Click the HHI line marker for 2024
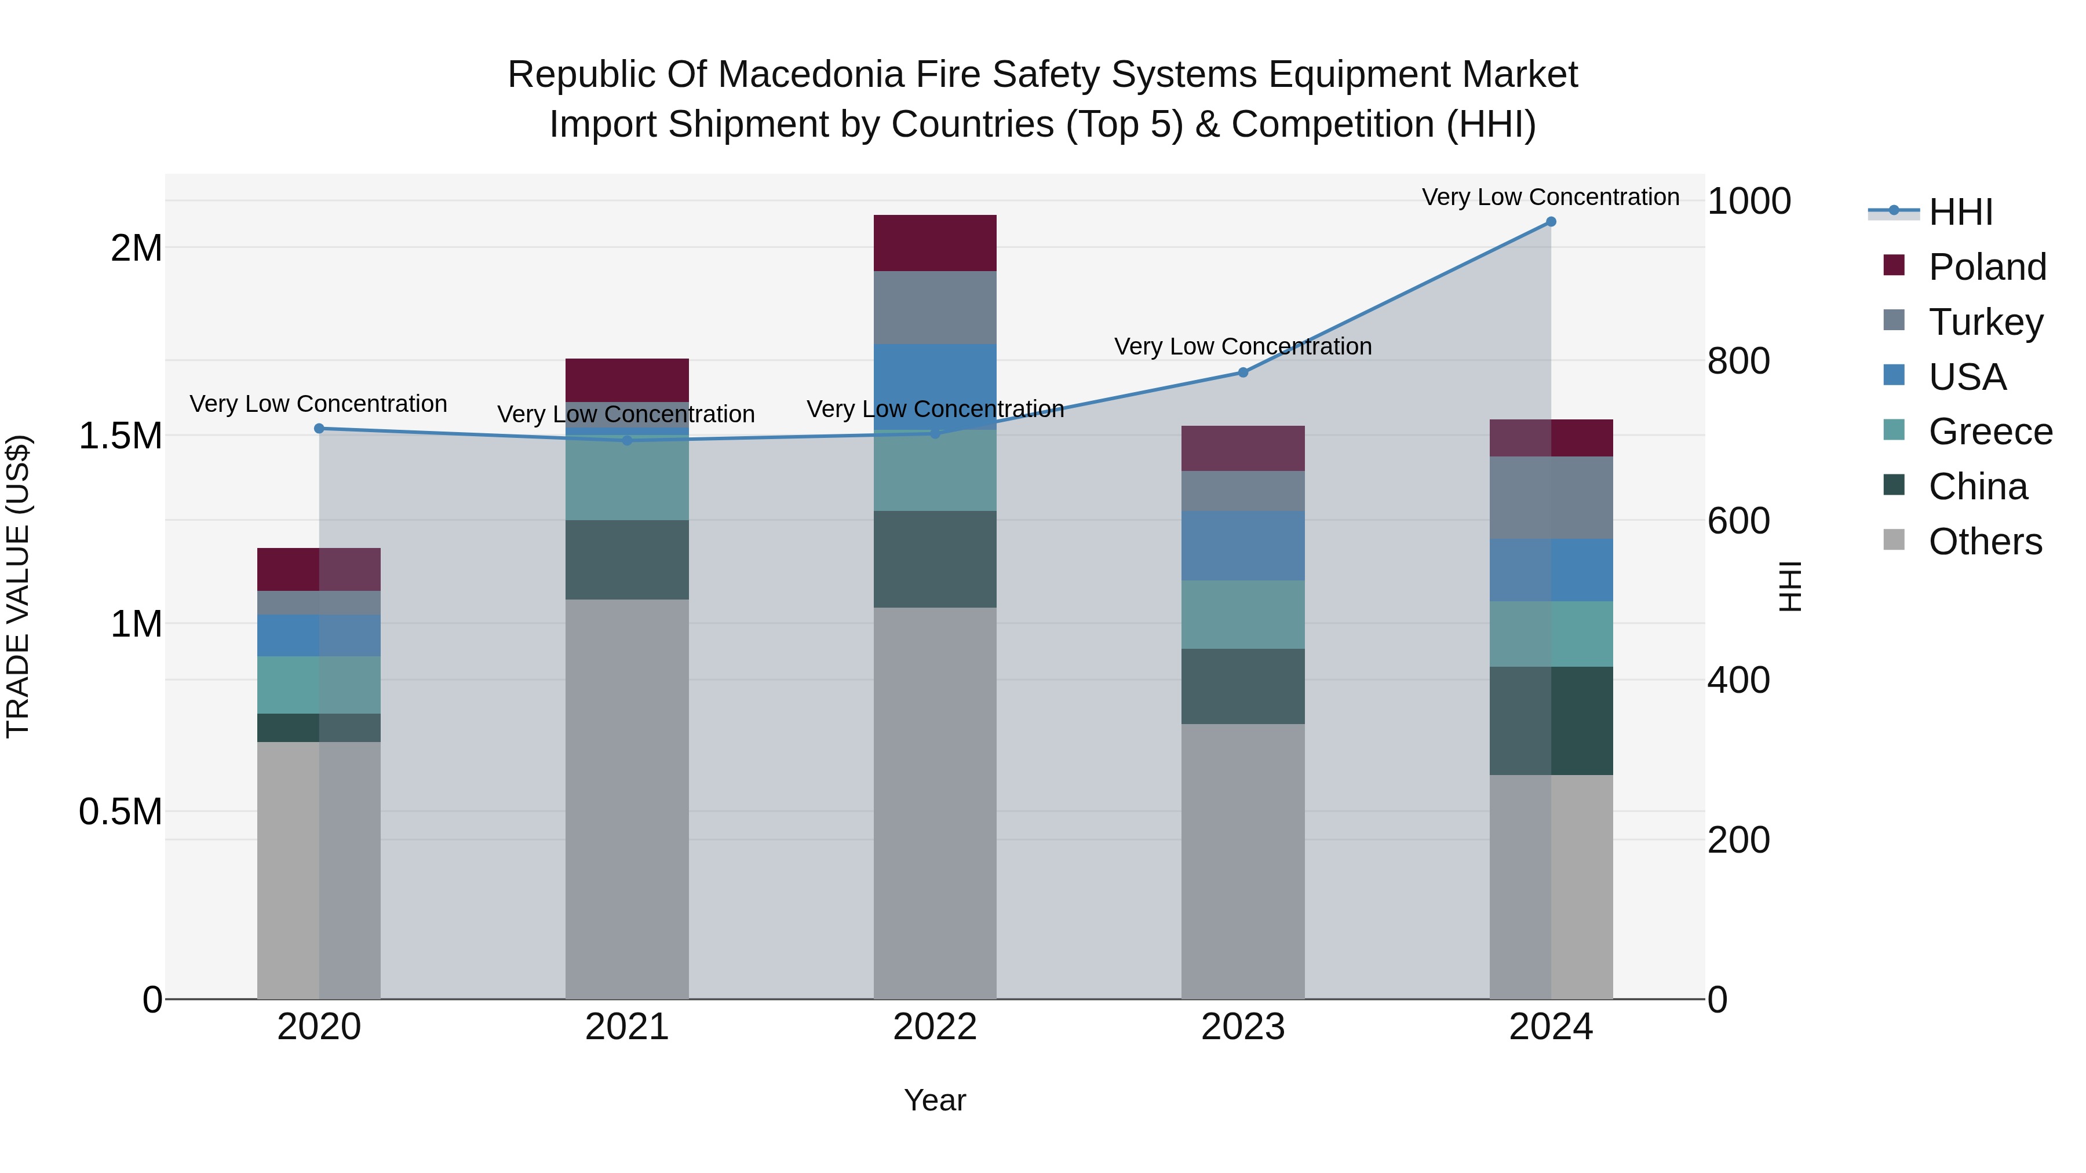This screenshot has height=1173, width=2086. pos(1551,222)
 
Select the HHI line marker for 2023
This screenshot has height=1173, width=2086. pos(1243,372)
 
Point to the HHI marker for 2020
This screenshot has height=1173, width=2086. pos(319,428)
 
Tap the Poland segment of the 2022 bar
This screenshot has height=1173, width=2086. pos(935,243)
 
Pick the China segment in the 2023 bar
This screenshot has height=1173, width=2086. pos(1243,686)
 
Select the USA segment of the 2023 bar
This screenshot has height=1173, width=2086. pos(1243,546)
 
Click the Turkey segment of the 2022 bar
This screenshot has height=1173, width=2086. pos(935,308)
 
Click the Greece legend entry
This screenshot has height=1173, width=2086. pos(1990,432)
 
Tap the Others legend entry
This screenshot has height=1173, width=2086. pos(1984,542)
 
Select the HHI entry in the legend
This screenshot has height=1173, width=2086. pos(1960,212)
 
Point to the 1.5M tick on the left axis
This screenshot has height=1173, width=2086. pos(120,436)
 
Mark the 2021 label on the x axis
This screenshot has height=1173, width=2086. pos(627,1027)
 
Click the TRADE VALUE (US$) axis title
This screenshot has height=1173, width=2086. pos(18,586)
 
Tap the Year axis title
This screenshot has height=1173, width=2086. pos(935,1100)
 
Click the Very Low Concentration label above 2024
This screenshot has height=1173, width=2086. pos(1550,197)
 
